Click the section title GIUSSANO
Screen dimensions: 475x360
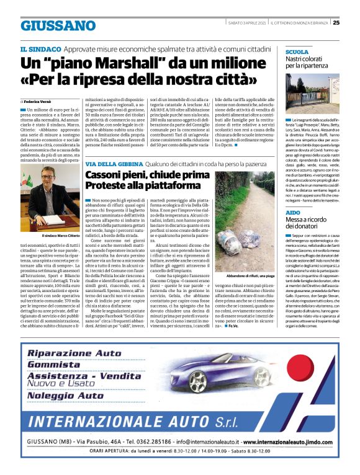(x=58, y=25)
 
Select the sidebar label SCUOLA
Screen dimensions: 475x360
(x=297, y=52)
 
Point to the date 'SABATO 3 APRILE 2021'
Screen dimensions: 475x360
(x=246, y=23)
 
